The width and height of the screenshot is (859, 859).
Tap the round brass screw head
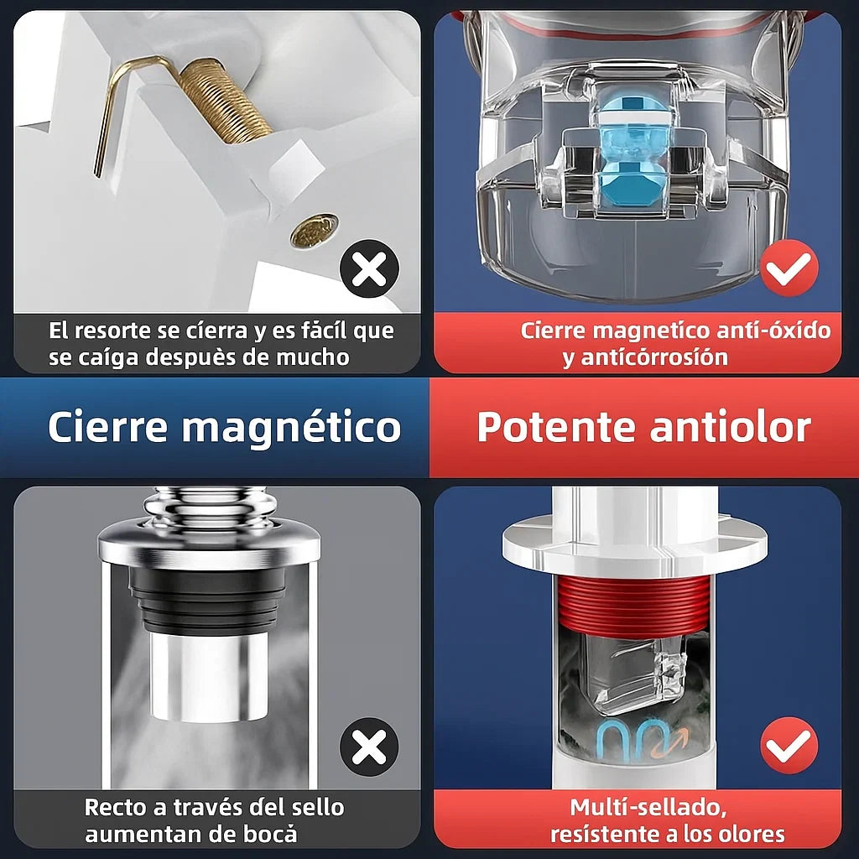(314, 231)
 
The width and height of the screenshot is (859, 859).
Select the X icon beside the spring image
(369, 269)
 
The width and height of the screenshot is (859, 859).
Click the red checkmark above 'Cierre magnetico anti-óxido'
(789, 268)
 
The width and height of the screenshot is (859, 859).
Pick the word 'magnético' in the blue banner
(292, 427)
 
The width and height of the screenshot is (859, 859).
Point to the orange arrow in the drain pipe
(677, 742)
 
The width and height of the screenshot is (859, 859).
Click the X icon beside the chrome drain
(369, 747)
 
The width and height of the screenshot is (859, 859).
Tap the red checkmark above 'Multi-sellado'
(789, 746)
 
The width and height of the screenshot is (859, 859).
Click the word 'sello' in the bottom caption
(318, 808)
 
